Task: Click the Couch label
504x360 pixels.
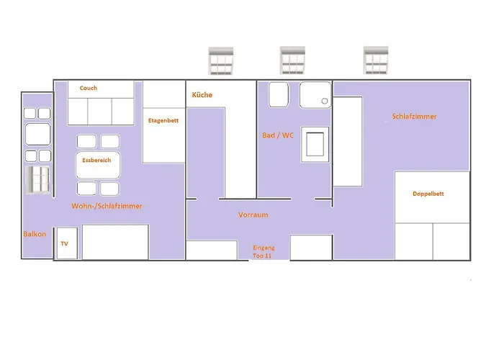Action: (89, 88)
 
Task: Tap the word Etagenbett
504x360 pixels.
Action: (163, 120)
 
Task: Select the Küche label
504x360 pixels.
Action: (202, 95)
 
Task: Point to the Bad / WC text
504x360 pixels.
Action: (278, 135)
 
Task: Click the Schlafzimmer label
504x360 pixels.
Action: (414, 117)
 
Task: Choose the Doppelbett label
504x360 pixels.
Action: (428, 194)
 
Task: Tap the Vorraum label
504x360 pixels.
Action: (253, 215)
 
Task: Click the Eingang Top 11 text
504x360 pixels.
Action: (263, 252)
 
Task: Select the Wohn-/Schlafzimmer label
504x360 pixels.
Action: (107, 206)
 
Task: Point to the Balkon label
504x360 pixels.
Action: (35, 234)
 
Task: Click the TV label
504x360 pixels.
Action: (64, 243)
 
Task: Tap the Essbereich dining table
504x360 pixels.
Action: (98, 165)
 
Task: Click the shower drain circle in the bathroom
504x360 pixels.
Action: (325, 101)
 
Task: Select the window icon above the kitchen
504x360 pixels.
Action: (221, 60)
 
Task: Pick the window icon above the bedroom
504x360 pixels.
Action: (376, 60)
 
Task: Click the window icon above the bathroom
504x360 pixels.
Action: (292, 60)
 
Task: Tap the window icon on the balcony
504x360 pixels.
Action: (37, 180)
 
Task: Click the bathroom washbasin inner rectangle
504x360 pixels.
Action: (315, 144)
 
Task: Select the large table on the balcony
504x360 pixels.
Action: (37, 135)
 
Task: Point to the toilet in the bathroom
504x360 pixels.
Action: (279, 94)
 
